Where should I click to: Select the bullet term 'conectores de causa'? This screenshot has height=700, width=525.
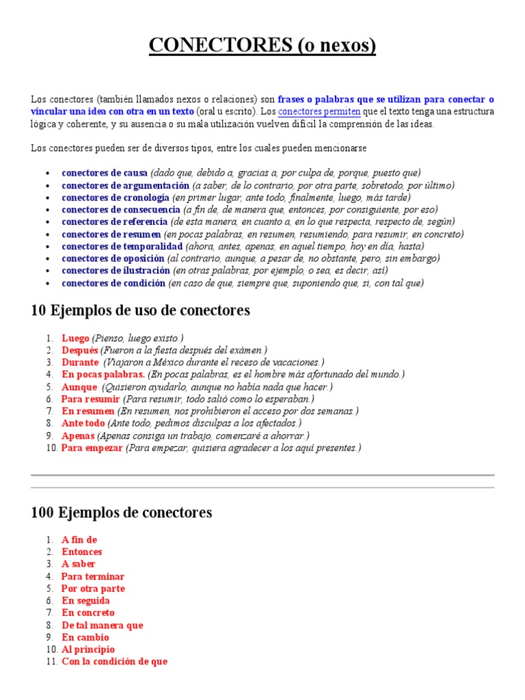[x=105, y=173]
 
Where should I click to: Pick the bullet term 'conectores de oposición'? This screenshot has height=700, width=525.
[x=113, y=258]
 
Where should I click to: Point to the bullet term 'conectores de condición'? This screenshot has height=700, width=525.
[x=113, y=283]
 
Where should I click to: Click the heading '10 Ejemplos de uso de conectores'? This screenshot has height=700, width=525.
[x=141, y=311]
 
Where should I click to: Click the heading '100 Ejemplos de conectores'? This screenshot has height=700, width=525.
[x=122, y=513]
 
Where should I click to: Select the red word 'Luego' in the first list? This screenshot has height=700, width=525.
[x=75, y=338]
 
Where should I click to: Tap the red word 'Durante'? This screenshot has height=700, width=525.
[x=80, y=362]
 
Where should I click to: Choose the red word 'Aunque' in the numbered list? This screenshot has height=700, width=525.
[x=79, y=387]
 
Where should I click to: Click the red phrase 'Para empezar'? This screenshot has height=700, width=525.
[x=92, y=448]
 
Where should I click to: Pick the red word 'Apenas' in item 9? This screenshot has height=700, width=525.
[x=78, y=436]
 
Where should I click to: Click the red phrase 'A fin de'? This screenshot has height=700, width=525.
[x=79, y=539]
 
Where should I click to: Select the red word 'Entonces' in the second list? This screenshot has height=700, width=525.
[x=81, y=552]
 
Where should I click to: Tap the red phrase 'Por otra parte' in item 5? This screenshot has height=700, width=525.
[x=93, y=589]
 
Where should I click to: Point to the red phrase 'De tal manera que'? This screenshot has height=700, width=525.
[x=102, y=625]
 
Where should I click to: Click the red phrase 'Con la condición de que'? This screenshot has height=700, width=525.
[x=114, y=662]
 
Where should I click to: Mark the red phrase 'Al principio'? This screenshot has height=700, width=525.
[x=88, y=649]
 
